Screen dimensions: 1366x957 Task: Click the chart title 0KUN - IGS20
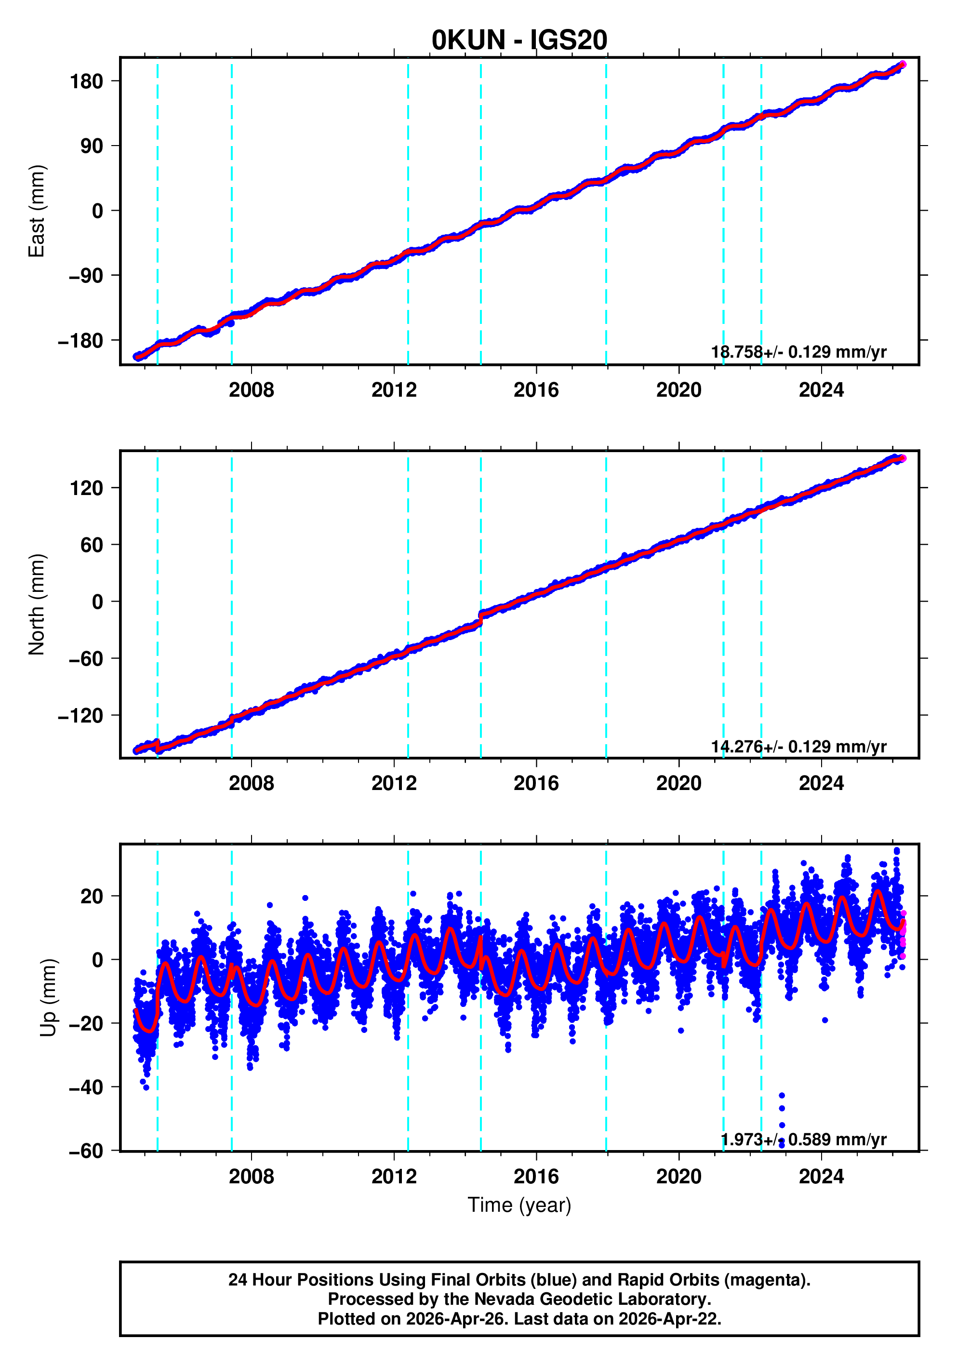tap(519, 40)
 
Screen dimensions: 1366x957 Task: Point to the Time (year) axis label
tap(519, 1205)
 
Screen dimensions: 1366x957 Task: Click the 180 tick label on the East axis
tap(86, 81)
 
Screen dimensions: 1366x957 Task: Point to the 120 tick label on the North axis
tap(86, 488)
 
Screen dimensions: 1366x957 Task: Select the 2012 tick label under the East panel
tap(394, 390)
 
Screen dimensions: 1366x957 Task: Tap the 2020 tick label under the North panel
tap(678, 784)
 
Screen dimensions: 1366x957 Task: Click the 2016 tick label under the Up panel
tap(536, 1176)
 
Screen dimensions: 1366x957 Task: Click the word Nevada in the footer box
tap(495, 1299)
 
